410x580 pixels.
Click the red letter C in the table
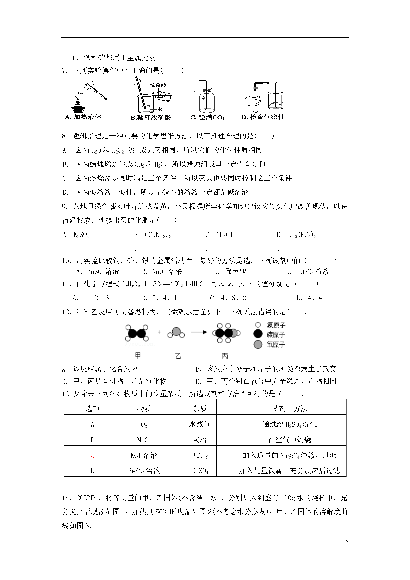[x=92, y=455]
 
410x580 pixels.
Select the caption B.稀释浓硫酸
[x=151, y=118]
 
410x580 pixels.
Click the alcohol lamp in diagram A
[x=78, y=106]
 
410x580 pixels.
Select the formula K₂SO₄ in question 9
[x=81, y=235]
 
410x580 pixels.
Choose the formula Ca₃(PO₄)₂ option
[x=302, y=235]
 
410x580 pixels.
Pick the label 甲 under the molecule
[x=138, y=356]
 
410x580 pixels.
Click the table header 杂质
[x=200, y=409]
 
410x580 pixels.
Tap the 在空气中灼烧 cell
[x=289, y=440]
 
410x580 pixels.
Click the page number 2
[x=346, y=542]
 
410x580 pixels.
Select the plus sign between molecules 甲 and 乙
[x=159, y=332]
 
